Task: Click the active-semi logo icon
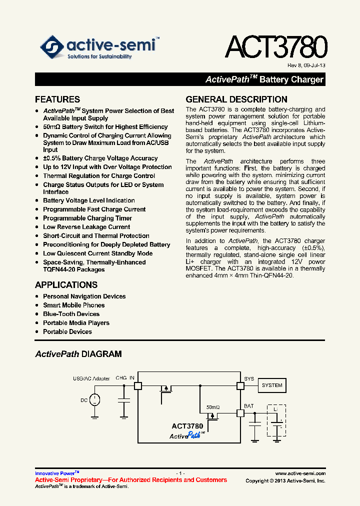(x=51, y=47)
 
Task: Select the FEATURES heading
(x=57, y=99)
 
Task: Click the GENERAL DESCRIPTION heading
(x=236, y=99)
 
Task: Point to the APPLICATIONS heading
(x=66, y=285)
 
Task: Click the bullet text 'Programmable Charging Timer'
(x=87, y=218)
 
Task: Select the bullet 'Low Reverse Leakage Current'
(x=86, y=227)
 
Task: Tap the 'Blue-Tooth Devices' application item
(x=71, y=314)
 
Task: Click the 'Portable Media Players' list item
(x=76, y=323)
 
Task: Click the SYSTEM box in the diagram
(x=272, y=385)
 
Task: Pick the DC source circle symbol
(x=94, y=399)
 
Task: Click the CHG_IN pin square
(x=137, y=385)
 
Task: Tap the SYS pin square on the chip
(x=240, y=385)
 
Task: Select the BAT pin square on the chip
(x=240, y=413)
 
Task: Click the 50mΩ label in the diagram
(x=213, y=407)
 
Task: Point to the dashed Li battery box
(x=276, y=422)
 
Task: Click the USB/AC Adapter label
(x=91, y=378)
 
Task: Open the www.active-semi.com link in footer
(x=300, y=473)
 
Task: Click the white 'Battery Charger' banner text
(x=291, y=79)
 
